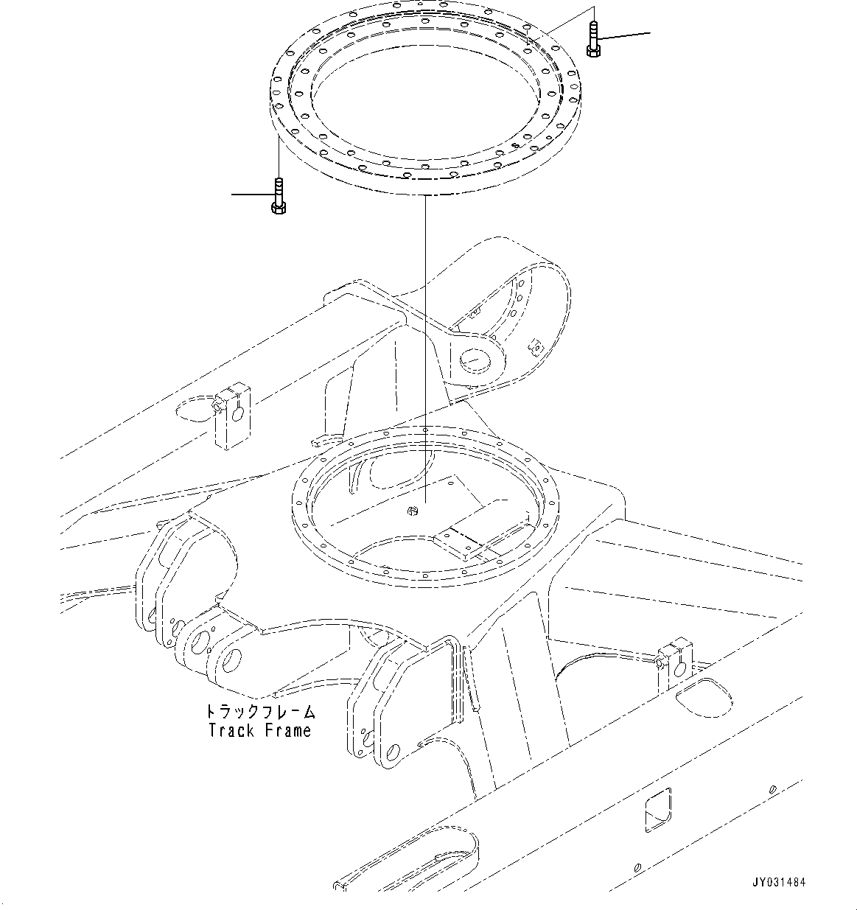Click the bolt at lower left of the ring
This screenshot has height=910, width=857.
point(278,196)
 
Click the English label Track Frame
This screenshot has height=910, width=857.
point(259,730)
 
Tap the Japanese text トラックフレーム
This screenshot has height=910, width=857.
point(259,712)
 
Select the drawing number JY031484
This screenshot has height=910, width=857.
point(779,882)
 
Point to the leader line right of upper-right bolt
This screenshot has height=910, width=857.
point(626,35)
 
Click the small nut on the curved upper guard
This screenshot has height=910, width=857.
point(536,345)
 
